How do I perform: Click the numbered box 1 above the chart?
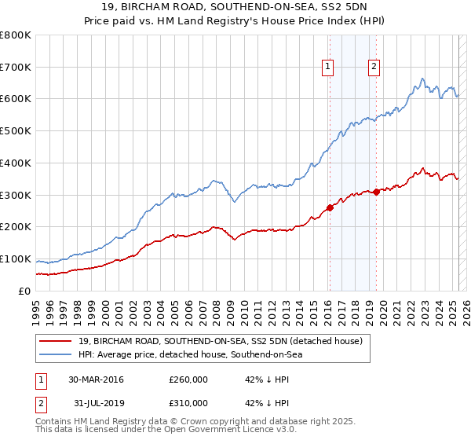327,67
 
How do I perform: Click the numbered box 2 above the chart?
374,67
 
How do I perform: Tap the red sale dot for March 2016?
329,208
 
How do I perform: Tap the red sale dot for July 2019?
377,191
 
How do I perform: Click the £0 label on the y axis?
24,291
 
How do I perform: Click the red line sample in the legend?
56,341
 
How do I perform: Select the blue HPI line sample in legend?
56,355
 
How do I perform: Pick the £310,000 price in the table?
188,403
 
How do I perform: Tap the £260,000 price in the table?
188,379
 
